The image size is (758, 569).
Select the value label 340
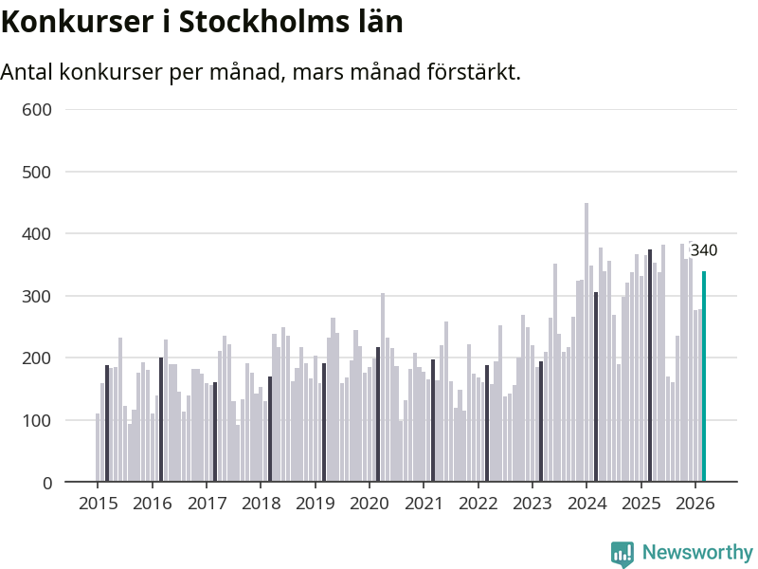point(703,251)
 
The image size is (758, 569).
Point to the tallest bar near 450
point(587,341)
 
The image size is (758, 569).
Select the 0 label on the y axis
point(45,483)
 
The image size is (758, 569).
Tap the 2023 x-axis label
point(532,504)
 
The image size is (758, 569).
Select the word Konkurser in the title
point(62,21)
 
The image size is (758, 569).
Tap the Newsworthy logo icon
point(622,553)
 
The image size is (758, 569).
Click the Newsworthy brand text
point(697,552)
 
